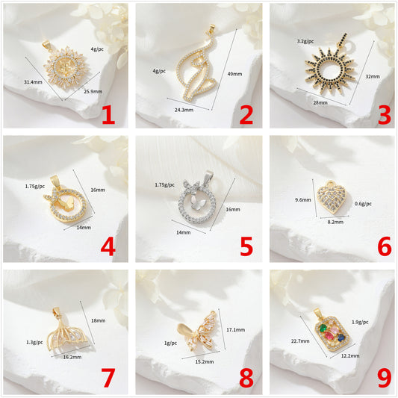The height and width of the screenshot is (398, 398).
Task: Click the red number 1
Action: click(108, 115)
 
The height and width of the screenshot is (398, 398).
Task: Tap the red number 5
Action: click(246, 246)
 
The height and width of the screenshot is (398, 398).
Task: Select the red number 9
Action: click(385, 379)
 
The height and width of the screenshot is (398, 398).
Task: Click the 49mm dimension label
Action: click(234, 74)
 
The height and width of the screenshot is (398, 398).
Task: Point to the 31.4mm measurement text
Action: click(33, 82)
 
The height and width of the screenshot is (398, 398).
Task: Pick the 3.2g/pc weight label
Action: click(305, 41)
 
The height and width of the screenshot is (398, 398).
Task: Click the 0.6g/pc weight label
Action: click(363, 204)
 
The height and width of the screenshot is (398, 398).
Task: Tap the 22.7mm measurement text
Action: click(300, 341)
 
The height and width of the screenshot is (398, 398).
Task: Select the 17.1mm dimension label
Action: click(235, 330)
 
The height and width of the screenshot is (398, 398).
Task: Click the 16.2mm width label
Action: click(72, 357)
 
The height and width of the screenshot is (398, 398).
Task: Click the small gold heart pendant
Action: click(332, 196)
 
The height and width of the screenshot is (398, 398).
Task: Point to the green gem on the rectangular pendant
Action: click(323, 329)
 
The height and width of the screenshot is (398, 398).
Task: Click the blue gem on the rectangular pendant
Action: click(341, 337)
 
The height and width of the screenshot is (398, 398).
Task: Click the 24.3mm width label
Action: click(184, 110)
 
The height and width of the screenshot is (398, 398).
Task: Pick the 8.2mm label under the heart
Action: click(335, 222)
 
